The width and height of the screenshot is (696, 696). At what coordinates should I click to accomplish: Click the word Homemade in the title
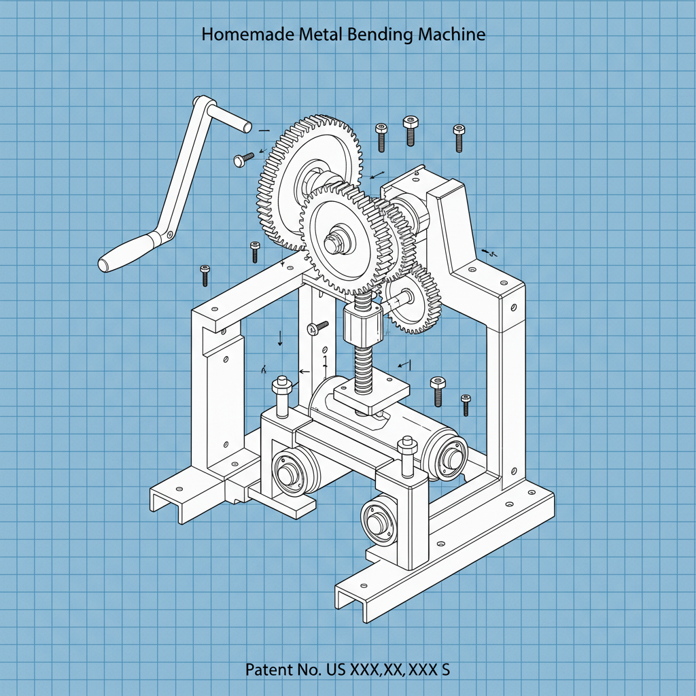pyautogui.click(x=248, y=35)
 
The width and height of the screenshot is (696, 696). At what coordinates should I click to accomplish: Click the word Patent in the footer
pyautogui.click(x=268, y=669)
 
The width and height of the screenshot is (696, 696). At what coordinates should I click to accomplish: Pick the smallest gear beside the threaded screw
pyautogui.click(x=411, y=296)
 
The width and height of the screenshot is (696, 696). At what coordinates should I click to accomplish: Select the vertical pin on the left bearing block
pyautogui.click(x=282, y=398)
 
